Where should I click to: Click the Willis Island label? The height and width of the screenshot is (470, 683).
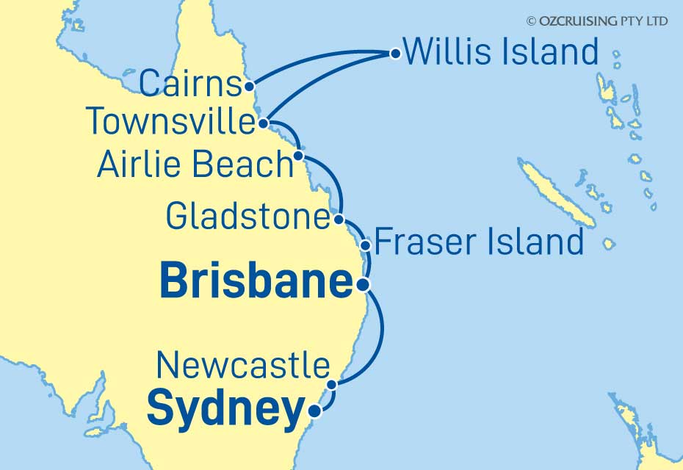(502, 52)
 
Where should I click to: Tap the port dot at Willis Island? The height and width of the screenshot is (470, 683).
(395, 53)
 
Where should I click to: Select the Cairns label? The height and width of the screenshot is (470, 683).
(189, 84)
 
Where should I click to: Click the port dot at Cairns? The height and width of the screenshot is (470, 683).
(250, 85)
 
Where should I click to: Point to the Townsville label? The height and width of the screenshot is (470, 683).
(170, 121)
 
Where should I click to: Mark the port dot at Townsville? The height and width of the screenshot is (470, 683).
(264, 123)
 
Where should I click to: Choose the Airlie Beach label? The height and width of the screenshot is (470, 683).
(195, 164)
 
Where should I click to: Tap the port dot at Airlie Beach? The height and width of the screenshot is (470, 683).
(298, 156)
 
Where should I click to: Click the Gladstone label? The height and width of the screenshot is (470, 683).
(247, 217)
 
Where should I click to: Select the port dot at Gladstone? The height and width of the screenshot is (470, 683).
(338, 219)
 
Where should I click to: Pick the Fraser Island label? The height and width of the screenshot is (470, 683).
(480, 241)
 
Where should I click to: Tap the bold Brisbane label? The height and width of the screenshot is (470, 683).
(256, 282)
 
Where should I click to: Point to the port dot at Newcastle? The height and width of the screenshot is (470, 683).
(332, 384)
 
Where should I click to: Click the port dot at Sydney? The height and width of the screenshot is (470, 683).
(314, 412)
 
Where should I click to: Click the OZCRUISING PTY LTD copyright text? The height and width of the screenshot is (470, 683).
(596, 21)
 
